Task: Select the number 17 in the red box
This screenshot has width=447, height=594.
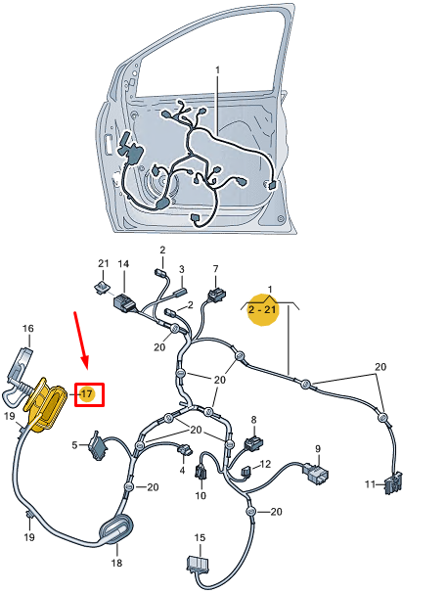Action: point(87,393)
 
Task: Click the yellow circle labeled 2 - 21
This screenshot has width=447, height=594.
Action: point(262,310)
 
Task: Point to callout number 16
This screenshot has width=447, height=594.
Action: point(27,329)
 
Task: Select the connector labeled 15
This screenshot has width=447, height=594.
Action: point(199,567)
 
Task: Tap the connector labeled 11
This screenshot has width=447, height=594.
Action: point(395,482)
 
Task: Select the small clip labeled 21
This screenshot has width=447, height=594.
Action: point(102,286)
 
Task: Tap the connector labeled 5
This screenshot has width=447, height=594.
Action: point(98,446)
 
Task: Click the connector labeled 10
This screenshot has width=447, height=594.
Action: point(201,475)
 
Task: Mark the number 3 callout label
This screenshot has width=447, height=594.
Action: point(180,270)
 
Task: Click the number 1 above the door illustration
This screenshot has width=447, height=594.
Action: point(217,69)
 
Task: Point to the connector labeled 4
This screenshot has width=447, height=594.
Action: point(183,451)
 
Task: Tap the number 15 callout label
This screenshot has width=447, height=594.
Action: point(200,537)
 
